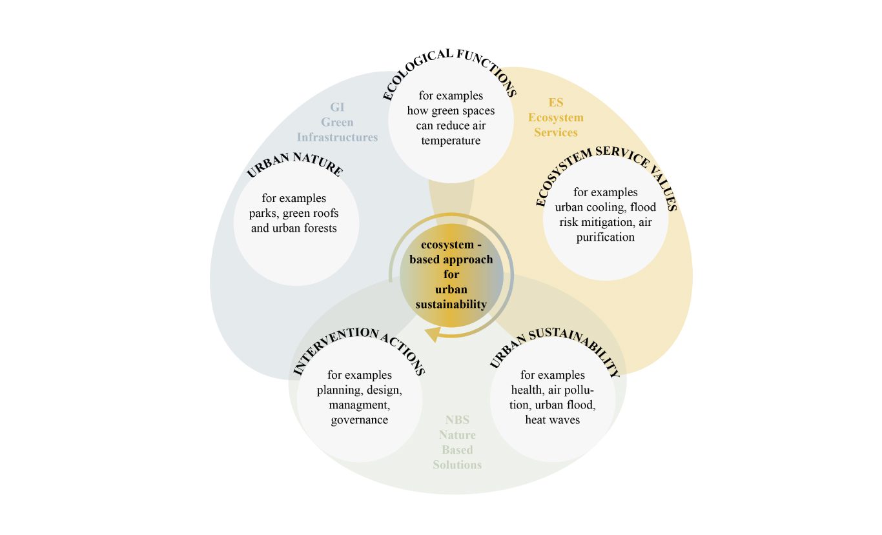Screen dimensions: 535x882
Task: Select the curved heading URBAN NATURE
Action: (294, 163)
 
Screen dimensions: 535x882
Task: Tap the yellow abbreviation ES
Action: (555, 103)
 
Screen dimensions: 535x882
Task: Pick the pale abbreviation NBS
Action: (457, 419)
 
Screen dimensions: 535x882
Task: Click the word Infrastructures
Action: (337, 137)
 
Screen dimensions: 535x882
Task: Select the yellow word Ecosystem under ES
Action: (555, 117)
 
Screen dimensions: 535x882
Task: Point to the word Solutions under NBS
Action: (457, 465)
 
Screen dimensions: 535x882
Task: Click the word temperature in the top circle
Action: (451, 140)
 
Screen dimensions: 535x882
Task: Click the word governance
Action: (359, 420)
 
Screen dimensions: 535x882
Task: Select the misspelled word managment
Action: (359, 405)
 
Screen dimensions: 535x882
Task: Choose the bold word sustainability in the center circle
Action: (451, 304)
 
